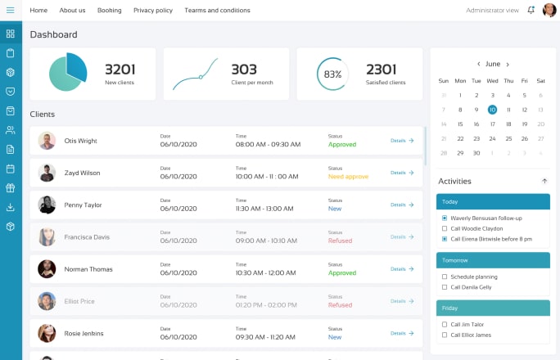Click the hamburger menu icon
coord(11,10)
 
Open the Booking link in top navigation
coord(109,11)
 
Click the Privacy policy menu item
coord(153,11)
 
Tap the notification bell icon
coord(531,11)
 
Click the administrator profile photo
coord(549,11)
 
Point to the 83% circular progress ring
coord(332,74)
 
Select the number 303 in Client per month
coord(244,70)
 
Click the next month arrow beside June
coord(508,64)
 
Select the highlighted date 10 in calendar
coord(492,110)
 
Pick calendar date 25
coord(508,138)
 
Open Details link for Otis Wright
coord(402,141)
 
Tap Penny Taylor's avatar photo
coord(47,205)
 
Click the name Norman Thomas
coord(88,269)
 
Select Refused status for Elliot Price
coord(340,305)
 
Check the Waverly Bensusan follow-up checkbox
coord(445,218)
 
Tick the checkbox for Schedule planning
coord(445,277)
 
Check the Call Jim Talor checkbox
coord(445,324)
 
